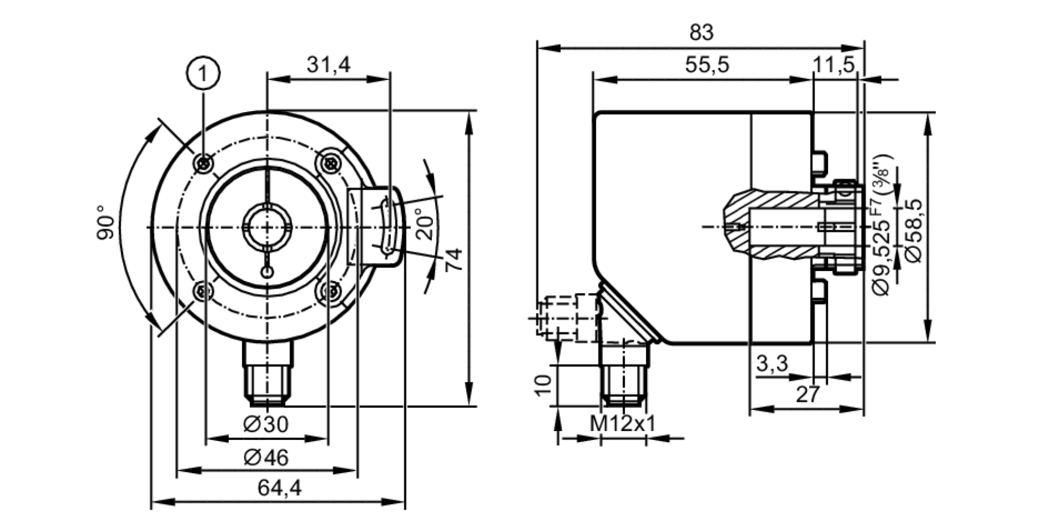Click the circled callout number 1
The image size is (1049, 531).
coord(203,73)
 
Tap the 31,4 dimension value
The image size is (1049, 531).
coord(328,65)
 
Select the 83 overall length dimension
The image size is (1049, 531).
coord(701,33)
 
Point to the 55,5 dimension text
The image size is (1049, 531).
coord(707,65)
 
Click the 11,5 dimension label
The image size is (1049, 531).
coord(833,65)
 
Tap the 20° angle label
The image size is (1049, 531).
coord(426,224)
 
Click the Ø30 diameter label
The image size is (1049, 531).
coord(266,424)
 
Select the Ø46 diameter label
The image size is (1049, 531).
coord(266,458)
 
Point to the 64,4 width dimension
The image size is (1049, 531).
coord(280,488)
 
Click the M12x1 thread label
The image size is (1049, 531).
coord(623,424)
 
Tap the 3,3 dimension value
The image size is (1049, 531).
coord(772,363)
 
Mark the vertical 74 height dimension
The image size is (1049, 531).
coord(454,259)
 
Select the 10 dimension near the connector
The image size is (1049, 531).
coord(543,386)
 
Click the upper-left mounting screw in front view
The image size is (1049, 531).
coord(204,163)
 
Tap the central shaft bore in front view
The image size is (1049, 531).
coord(266,228)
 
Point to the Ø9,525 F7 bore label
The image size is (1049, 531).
coord(882,231)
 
